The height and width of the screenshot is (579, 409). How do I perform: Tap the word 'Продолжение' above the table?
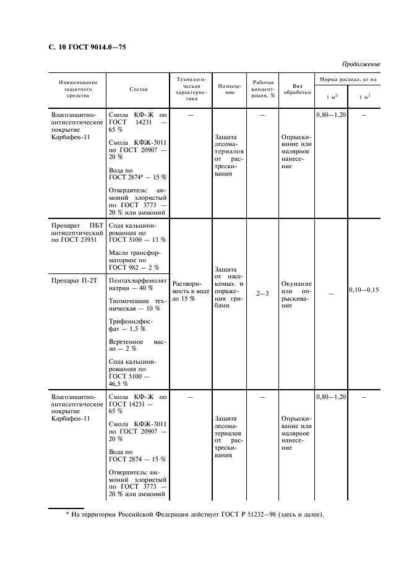click(361, 64)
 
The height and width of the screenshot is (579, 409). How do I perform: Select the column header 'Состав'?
click(139, 89)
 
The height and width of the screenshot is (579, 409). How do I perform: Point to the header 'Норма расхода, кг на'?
click(347, 80)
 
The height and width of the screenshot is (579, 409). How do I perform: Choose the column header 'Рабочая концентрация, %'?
click(264, 89)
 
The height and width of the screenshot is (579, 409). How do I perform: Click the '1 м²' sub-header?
click(331, 97)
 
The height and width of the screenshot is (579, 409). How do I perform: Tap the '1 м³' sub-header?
click(364, 97)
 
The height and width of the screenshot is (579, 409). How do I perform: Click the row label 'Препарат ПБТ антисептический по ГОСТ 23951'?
click(77, 233)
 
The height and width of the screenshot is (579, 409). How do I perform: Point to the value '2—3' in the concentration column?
click(263, 293)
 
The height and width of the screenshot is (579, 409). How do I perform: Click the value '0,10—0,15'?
click(364, 289)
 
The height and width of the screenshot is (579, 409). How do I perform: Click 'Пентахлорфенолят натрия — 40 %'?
click(137, 284)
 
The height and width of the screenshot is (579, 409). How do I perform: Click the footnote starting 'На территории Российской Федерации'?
click(195, 515)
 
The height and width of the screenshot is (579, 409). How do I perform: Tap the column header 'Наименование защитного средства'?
click(78, 89)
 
